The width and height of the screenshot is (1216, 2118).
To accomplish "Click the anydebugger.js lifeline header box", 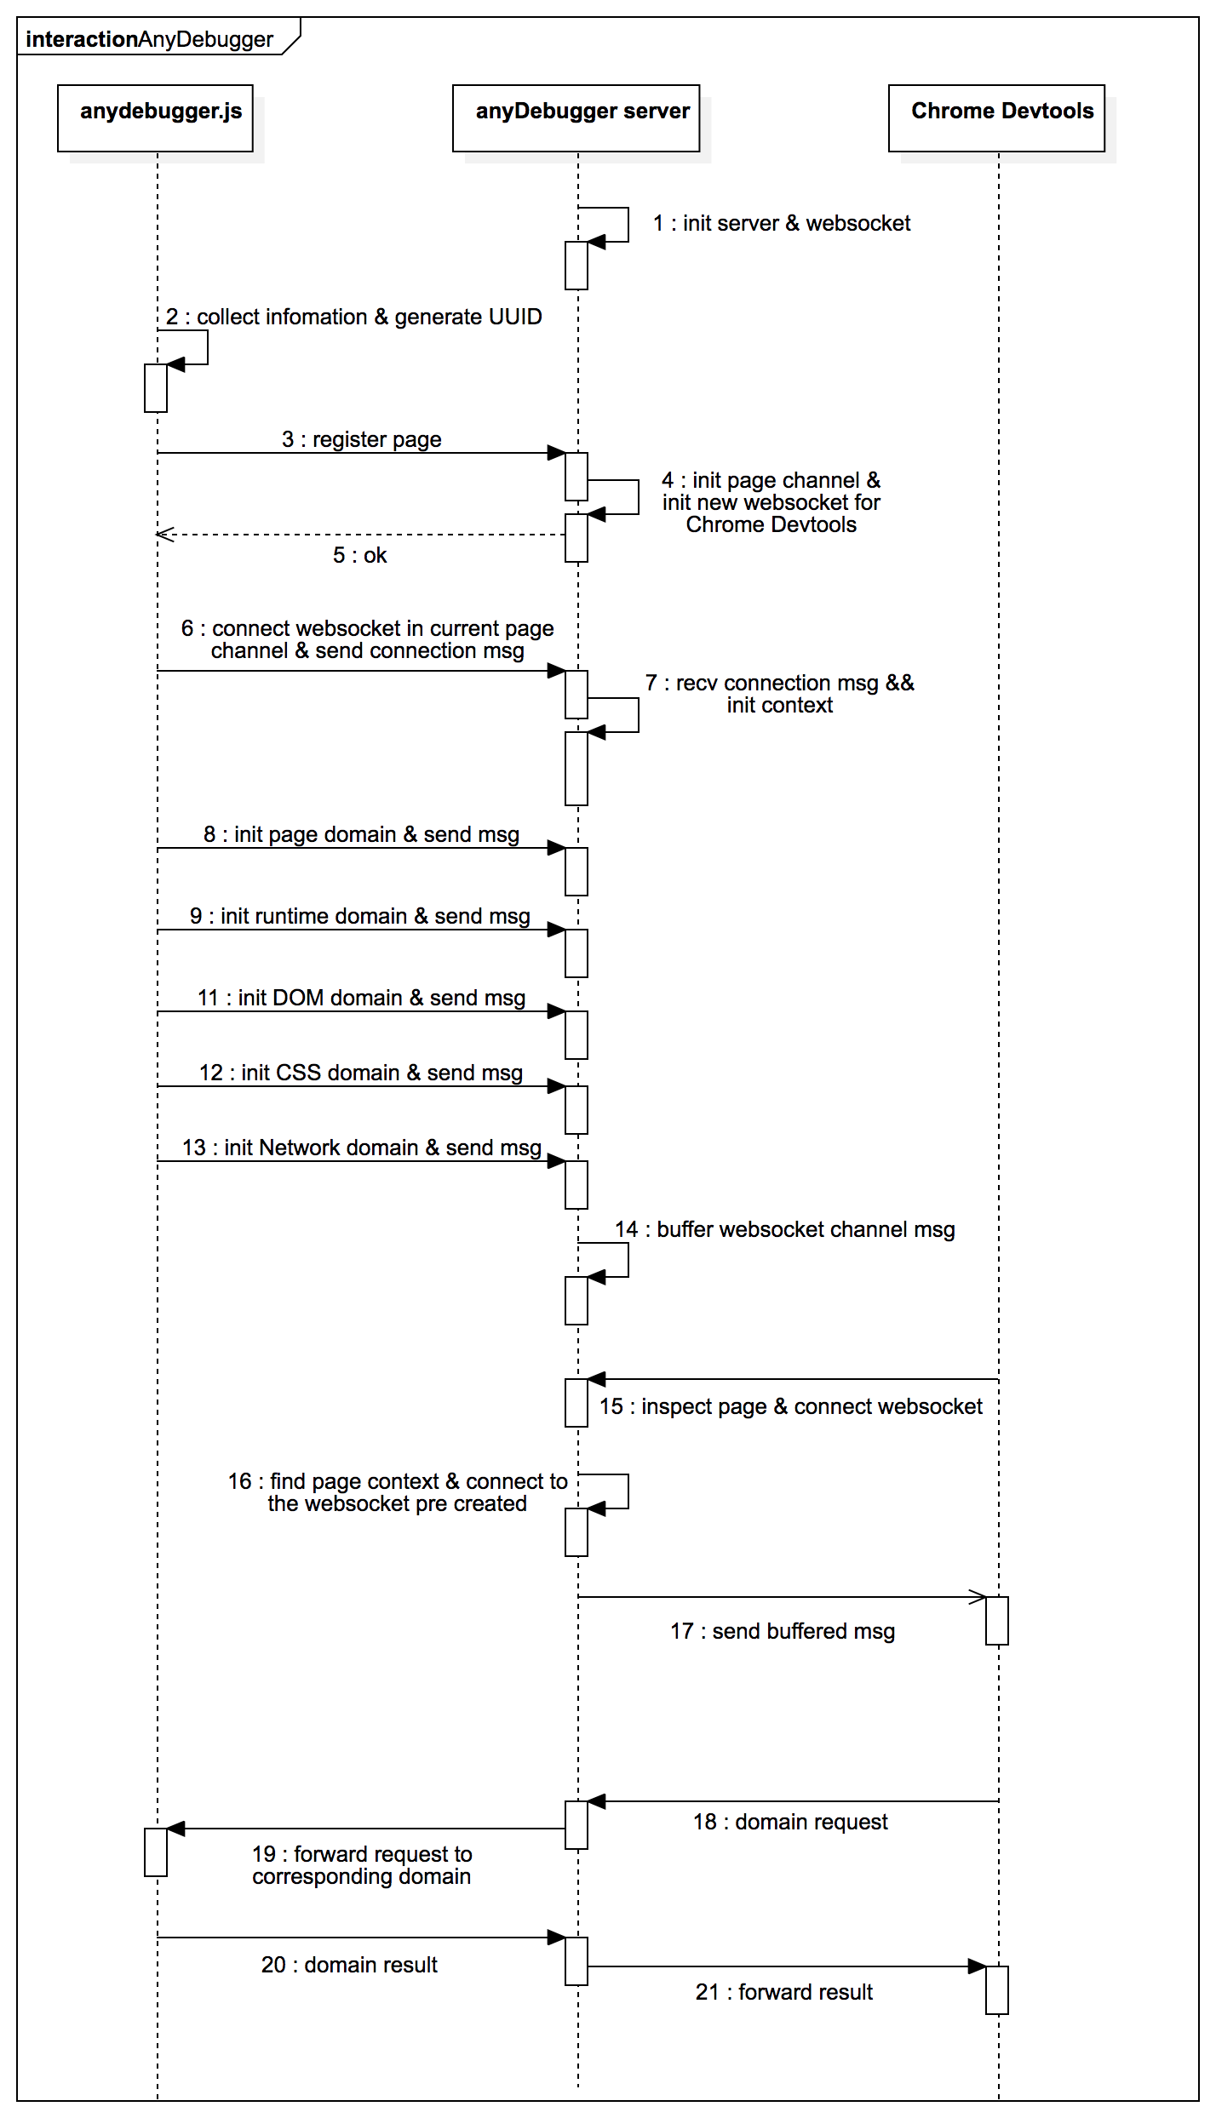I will (x=155, y=117).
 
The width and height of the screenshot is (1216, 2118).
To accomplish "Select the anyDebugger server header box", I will (x=576, y=117).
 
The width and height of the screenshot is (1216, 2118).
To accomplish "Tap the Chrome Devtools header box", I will (x=996, y=117).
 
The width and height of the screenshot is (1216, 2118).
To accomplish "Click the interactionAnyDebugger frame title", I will (x=150, y=39).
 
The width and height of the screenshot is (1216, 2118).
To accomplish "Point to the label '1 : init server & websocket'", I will (x=782, y=223).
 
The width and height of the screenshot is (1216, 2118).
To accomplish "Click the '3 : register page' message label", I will (x=362, y=439).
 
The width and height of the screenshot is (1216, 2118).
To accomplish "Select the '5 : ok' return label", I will (x=359, y=555).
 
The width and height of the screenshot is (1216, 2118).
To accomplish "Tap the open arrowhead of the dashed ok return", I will (x=164, y=535).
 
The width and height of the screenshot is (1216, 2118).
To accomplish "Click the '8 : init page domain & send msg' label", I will (x=361, y=834).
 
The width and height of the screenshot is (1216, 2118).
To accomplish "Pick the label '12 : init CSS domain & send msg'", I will (x=361, y=1073).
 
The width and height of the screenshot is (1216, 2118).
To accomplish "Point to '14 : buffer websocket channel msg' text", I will (x=784, y=1229).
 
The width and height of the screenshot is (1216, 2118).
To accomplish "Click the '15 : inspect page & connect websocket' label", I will (x=790, y=1406).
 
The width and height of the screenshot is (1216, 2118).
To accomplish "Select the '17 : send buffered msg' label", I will (x=783, y=1631).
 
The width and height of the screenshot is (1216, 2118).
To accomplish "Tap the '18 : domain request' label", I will (x=790, y=1822).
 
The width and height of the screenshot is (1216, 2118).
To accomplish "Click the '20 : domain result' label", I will (x=349, y=1965).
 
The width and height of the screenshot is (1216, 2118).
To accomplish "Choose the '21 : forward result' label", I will (x=784, y=1992).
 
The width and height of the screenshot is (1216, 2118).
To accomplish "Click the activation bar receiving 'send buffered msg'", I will (x=996, y=1621).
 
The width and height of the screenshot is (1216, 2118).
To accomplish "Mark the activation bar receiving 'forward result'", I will (x=996, y=1990).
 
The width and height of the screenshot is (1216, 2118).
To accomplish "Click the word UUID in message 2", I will (x=511, y=317).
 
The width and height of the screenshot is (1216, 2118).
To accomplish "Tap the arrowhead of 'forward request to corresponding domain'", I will (x=175, y=1829).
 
